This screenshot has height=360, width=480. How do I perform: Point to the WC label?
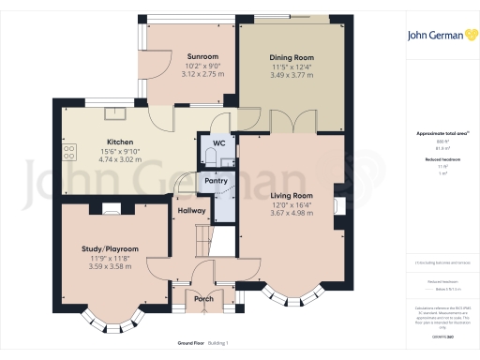(x=217, y=142)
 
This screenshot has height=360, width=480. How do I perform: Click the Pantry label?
(x=217, y=181)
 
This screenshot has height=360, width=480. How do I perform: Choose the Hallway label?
(x=191, y=211)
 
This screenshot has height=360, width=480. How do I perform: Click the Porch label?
(x=202, y=300)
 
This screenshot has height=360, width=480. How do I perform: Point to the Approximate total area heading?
(x=437, y=133)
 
